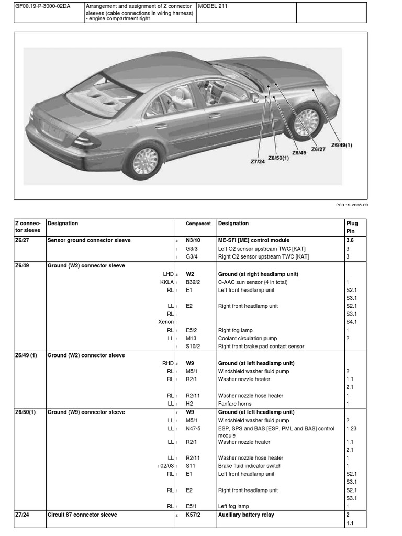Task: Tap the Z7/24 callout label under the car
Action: tap(258, 162)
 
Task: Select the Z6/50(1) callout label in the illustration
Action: tap(278, 158)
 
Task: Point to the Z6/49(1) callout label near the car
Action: tap(341, 145)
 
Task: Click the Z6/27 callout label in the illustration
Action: tap(318, 149)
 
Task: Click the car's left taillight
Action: tap(85, 141)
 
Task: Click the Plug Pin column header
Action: tap(352, 227)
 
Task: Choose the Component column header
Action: tap(198, 224)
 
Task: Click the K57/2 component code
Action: tap(193, 515)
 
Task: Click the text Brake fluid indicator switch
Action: tap(249, 466)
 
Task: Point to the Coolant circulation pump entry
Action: tap(248, 338)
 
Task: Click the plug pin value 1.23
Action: tap(351, 428)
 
